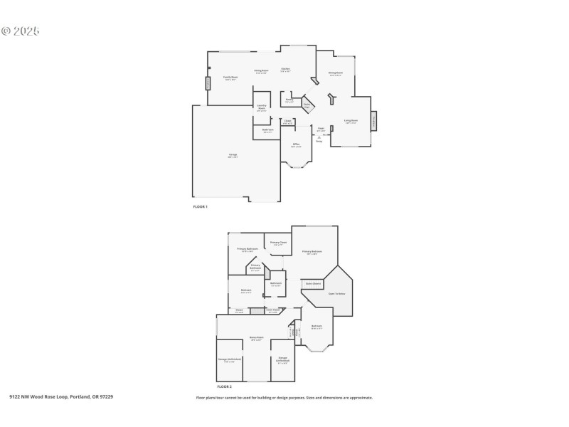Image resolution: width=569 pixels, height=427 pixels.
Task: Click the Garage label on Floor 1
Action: click(233, 154)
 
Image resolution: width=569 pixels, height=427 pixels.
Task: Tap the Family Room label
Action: click(230, 77)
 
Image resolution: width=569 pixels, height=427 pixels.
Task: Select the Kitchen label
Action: click(285, 69)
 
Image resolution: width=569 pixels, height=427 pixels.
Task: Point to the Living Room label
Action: click(351, 121)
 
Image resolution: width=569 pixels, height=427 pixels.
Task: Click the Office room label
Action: click(296, 144)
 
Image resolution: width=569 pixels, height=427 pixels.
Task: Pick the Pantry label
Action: click(289, 100)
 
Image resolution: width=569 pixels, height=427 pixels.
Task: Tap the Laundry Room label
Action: click(262, 107)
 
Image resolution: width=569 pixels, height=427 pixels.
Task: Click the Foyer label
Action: click(321, 129)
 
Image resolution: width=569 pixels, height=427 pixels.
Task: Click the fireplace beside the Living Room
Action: click(374, 121)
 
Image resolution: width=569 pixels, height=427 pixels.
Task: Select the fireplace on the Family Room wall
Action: click(208, 83)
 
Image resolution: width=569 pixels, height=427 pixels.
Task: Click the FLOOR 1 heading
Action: click(200, 206)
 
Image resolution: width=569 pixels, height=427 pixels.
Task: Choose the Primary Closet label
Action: click(278, 243)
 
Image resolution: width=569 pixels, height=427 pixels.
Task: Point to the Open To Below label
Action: click(336, 293)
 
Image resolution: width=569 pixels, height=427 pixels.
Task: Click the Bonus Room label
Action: click(256, 337)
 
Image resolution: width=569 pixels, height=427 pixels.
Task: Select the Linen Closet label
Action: click(272, 310)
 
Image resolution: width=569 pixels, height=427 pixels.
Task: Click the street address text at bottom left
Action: click(61, 397)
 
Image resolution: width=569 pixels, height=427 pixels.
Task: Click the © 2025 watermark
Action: click(20, 31)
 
